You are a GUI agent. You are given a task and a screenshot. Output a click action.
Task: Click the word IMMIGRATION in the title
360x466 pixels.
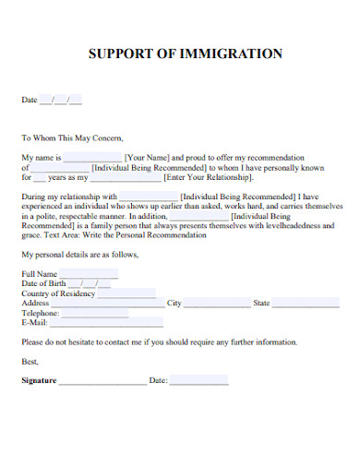(236, 54)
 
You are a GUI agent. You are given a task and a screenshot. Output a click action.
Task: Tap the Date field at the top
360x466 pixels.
(61, 100)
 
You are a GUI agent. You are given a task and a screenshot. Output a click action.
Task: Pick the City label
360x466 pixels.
(174, 303)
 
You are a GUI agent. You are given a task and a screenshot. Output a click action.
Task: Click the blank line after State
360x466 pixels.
(305, 305)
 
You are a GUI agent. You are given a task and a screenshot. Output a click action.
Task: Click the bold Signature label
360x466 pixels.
(39, 380)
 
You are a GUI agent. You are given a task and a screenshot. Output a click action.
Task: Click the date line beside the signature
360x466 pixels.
(198, 382)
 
